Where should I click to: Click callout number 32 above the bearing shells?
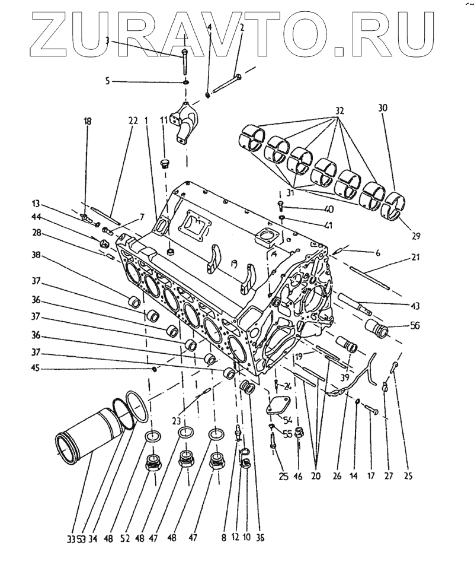point(339,110)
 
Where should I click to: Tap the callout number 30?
point(382,108)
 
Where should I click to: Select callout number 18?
point(88,122)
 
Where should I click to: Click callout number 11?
point(164,120)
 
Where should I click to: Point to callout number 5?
point(107,80)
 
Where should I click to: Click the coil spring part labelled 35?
point(249,389)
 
